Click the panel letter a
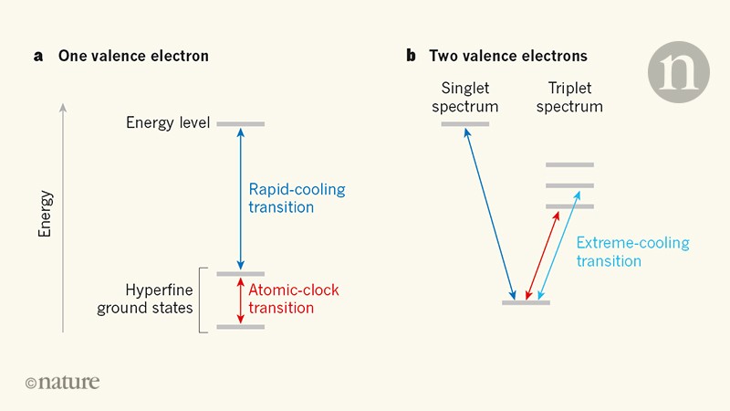tap(38, 57)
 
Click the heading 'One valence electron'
tap(133, 57)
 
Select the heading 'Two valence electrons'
tap(509, 57)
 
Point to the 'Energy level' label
tap(168, 123)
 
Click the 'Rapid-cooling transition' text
tap(297, 198)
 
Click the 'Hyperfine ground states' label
tap(145, 298)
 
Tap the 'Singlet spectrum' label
tap(470, 97)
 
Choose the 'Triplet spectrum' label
tap(569, 97)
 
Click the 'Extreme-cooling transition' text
tap(632, 252)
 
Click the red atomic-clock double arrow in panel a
tap(240, 300)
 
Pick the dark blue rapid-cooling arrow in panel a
tap(240, 198)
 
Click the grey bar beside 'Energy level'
tap(240, 123)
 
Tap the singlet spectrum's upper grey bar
tap(465, 123)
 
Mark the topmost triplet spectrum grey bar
tap(569, 165)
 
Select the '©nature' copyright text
tap(62, 382)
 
